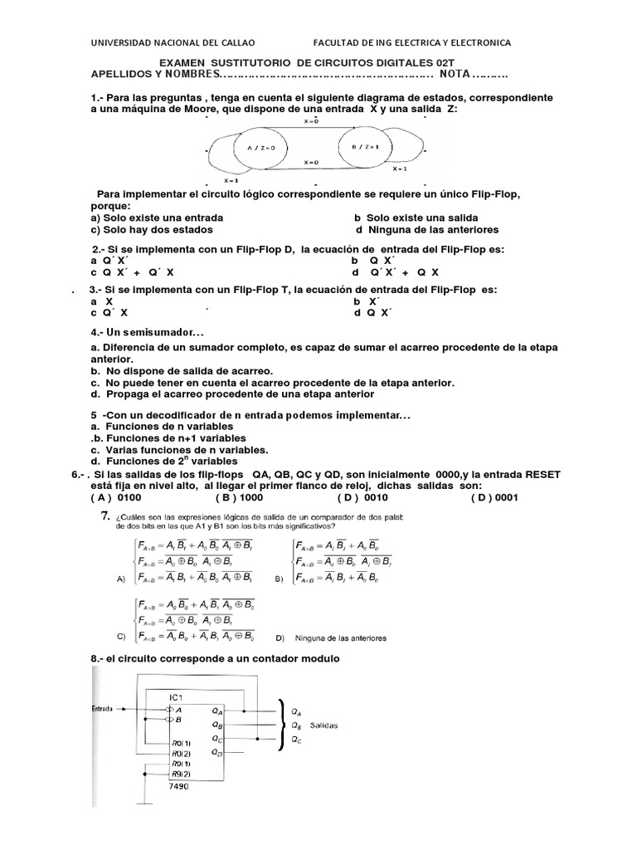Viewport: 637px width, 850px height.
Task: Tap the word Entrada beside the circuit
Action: (105, 709)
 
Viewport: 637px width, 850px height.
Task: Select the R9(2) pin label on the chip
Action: (181, 774)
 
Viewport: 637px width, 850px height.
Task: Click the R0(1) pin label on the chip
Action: (181, 742)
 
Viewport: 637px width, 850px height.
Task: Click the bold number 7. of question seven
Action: (105, 517)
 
